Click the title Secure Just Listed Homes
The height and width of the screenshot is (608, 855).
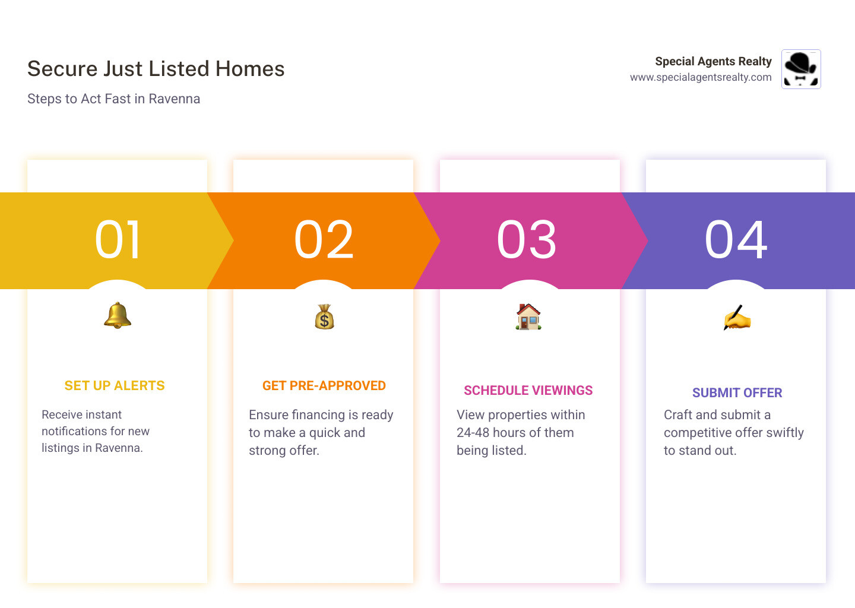156,69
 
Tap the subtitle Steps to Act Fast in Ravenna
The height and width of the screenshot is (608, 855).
113,99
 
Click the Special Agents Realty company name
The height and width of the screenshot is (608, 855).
713,61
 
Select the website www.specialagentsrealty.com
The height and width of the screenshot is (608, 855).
701,77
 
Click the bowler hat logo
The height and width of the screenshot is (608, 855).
801,69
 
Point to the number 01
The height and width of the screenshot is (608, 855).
118,240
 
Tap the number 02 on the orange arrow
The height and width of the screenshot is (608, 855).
324,240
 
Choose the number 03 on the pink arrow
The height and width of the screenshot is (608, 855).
527,240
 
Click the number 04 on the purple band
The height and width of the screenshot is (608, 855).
736,240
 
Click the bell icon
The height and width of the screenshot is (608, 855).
118,315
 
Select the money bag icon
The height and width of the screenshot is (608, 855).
324,317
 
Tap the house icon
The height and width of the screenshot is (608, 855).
528,317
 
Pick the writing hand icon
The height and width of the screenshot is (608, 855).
737,318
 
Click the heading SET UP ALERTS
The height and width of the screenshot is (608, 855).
115,386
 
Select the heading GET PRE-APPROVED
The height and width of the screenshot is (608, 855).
324,386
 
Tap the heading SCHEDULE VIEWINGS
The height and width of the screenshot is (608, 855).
528,391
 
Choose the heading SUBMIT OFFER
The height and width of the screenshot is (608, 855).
737,393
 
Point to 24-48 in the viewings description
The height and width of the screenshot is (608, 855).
473,433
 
